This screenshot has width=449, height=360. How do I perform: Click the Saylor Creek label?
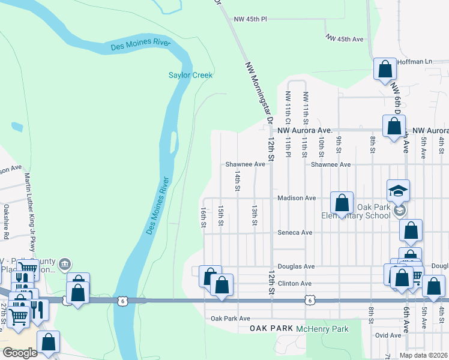tap(190, 75)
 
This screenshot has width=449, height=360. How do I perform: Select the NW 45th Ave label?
tap(345, 38)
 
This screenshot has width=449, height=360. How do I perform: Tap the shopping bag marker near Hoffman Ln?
tap(385, 69)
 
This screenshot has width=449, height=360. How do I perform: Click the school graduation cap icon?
tap(398, 191)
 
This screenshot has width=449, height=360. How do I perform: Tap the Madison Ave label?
tap(296, 198)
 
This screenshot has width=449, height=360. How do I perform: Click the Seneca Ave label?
tap(295, 232)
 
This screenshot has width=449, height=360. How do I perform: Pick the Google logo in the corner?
tap(20, 352)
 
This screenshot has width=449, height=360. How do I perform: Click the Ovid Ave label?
tap(387, 335)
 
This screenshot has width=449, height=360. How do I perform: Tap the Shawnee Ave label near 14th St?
tap(245, 164)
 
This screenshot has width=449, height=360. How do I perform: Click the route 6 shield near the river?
tap(122, 299)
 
